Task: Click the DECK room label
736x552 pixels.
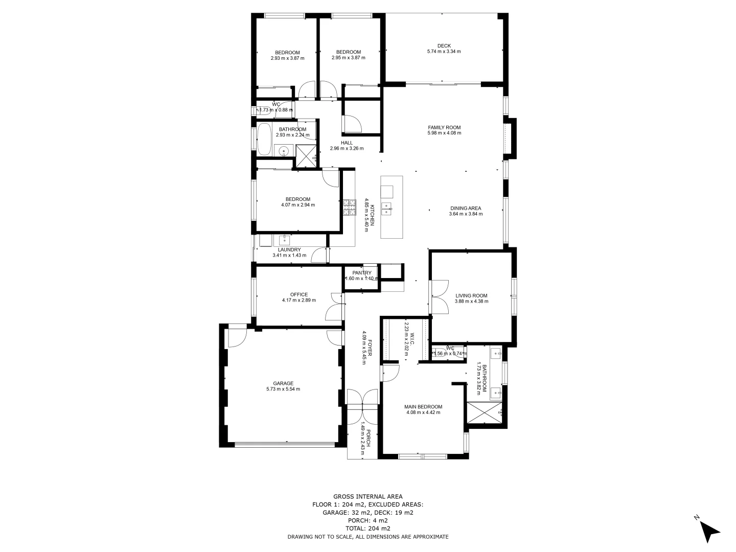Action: [x=444, y=45]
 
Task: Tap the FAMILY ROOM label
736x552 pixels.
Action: [x=444, y=127]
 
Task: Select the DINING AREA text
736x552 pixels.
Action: [x=465, y=208]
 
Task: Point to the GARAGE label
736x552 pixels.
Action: [x=283, y=383]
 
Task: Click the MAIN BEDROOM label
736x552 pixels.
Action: [x=424, y=407]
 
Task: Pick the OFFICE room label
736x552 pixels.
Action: [x=298, y=294]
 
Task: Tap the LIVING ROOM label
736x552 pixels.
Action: [x=471, y=295]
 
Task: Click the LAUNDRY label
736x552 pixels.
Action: [x=289, y=249]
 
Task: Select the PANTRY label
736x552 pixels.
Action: [x=361, y=273]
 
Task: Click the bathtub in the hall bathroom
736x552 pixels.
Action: [x=264, y=139]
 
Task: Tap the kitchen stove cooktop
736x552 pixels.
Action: [x=349, y=208]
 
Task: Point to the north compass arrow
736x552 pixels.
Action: [x=709, y=532]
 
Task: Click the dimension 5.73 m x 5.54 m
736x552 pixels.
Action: [x=283, y=389]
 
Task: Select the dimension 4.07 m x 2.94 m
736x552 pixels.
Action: [x=297, y=205]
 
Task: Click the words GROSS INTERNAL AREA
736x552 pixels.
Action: [x=367, y=496]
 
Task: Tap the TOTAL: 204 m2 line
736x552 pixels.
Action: [x=367, y=528]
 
